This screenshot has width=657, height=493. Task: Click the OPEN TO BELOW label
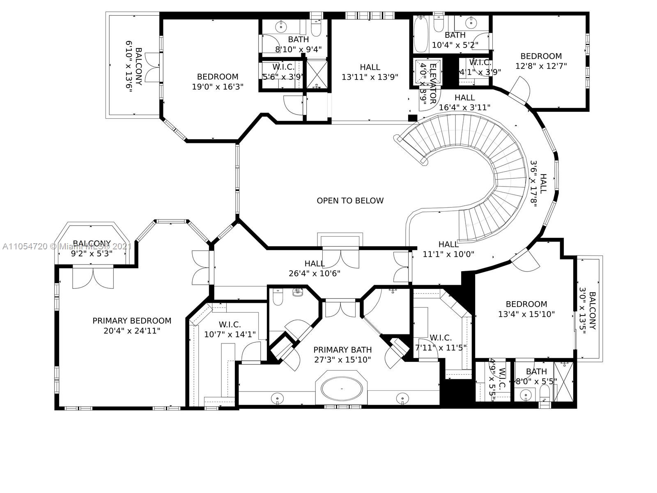pyautogui.click(x=350, y=200)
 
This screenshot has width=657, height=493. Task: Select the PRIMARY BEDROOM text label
pyautogui.click(x=132, y=321)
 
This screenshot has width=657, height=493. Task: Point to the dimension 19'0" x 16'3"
pyautogui.click(x=218, y=87)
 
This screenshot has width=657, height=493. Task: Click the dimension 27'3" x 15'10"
pyautogui.click(x=342, y=360)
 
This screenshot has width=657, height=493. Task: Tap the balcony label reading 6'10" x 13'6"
pyautogui.click(x=129, y=66)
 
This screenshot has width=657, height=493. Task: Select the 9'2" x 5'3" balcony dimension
pyautogui.click(x=92, y=253)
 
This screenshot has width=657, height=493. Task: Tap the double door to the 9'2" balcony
pyautogui.click(x=93, y=278)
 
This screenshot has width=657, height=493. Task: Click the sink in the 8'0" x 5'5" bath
pyautogui.click(x=525, y=396)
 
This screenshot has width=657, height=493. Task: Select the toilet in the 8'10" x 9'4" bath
pyautogui.click(x=316, y=28)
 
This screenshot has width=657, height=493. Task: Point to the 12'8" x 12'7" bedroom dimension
pyautogui.click(x=541, y=66)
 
